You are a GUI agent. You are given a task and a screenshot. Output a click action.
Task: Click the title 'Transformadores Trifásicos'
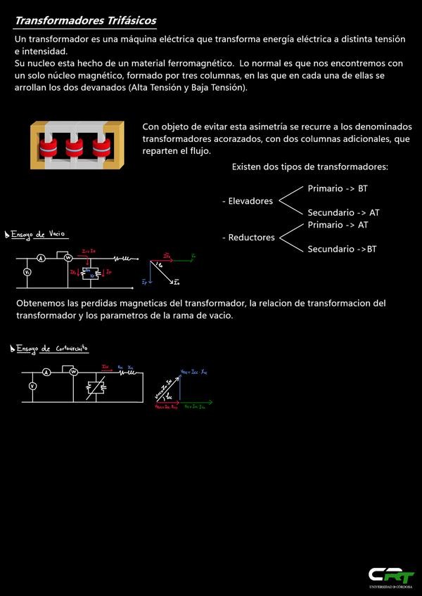[86, 21]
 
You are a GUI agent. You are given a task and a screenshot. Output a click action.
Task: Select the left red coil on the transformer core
[47, 147]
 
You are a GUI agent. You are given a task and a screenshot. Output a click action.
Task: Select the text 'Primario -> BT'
[338, 189]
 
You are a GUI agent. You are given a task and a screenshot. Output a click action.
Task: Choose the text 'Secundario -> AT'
[343, 213]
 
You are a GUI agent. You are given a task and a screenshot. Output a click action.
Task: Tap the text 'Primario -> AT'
[338, 225]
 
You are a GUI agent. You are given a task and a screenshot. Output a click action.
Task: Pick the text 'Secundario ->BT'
[342, 249]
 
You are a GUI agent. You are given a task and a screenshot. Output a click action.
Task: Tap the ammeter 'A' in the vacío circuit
[41, 259]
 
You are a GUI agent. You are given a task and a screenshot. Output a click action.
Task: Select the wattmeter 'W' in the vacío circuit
[68, 259]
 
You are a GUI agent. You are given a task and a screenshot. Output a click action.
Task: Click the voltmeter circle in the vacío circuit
[27, 272]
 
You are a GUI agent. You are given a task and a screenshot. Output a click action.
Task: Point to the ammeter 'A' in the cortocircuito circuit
[46, 372]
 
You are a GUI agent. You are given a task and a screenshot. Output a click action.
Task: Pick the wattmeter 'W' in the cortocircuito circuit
[73, 372]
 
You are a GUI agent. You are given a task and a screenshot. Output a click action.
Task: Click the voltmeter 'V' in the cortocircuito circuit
[32, 386]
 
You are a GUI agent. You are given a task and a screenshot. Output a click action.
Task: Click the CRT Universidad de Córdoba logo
[391, 576]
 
